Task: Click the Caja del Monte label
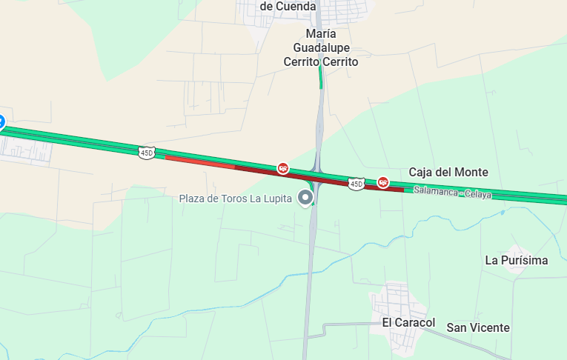coord(448,172)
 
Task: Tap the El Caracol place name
coord(408,323)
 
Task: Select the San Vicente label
coord(478,327)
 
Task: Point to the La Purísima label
coord(517,260)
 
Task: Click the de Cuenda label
coord(288,6)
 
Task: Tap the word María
coord(321,34)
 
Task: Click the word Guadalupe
coord(320,48)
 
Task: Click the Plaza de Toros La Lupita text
coord(237,199)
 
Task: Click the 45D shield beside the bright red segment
coord(146,152)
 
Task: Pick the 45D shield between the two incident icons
coord(357,183)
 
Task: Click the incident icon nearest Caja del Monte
coord(383,181)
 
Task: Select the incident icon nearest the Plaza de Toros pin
coord(282,168)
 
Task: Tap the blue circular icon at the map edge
coord(1,121)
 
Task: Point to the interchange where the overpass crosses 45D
coord(317,176)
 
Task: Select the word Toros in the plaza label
coord(244,199)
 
